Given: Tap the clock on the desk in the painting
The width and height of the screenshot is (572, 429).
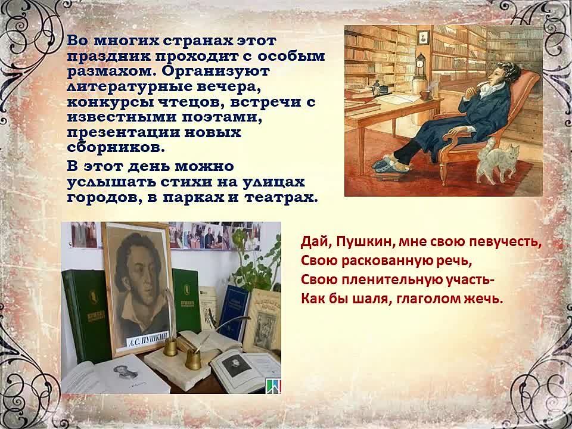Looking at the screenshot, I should [x=421, y=66].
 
